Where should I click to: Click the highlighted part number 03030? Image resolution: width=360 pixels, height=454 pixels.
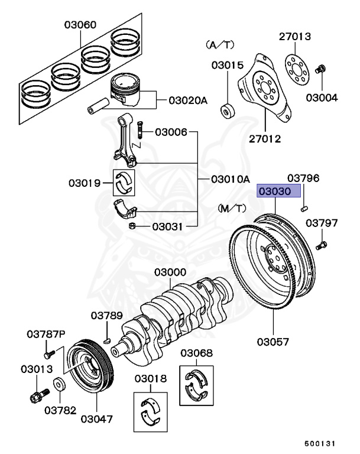pos(278,192)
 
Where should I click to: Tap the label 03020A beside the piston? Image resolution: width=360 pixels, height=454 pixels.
pos(188,100)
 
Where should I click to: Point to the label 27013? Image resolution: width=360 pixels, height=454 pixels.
pos(294,37)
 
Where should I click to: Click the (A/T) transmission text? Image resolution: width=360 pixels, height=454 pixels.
pos(219,44)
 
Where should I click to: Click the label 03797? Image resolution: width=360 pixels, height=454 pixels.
pos(322,223)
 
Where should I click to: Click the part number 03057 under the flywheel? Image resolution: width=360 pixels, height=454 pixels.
pos(273,342)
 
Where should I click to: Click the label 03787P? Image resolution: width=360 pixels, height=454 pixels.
pos(46,334)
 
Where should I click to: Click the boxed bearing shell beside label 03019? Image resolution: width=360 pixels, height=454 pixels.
pos(125,184)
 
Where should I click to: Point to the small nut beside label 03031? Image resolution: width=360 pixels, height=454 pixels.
pos(134,227)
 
